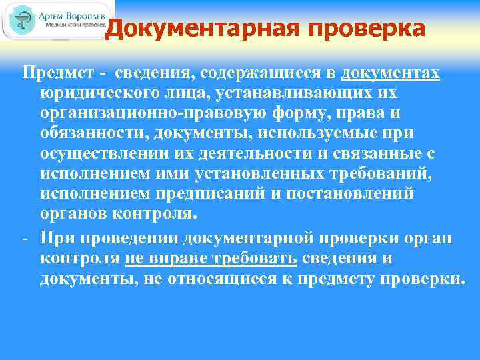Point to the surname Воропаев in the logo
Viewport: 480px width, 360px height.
[x=81, y=15]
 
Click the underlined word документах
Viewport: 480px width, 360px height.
[x=391, y=73]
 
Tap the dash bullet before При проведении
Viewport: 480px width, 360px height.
[x=25, y=238]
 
